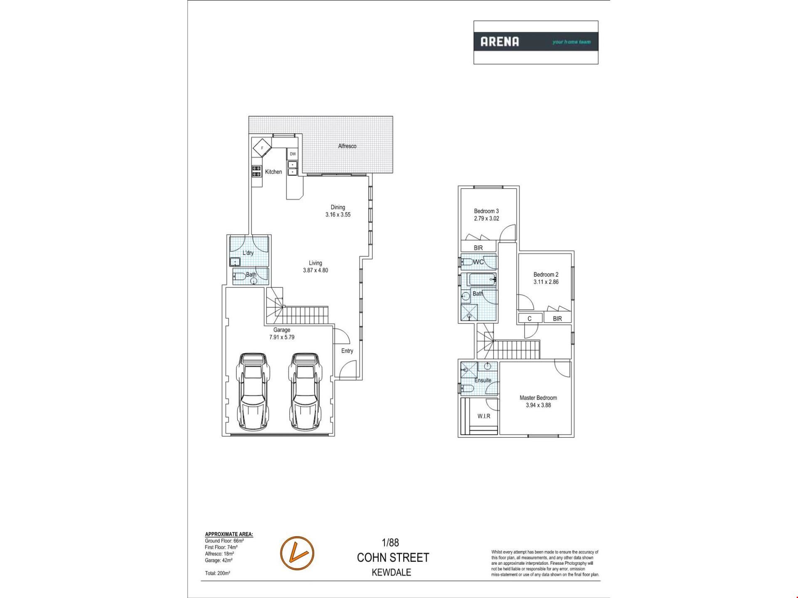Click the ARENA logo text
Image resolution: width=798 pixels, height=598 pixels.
[500, 42]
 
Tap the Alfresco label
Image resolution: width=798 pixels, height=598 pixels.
[347, 146]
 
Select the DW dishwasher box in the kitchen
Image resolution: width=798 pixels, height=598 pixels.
[293, 154]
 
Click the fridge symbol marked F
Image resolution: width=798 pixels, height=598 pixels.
[262, 148]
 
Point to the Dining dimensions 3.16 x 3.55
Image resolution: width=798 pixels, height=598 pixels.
[338, 215]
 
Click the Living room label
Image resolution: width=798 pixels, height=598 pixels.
[315, 263]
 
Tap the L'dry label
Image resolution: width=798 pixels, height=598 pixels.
[248, 253]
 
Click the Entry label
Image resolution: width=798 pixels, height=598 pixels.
[347, 351]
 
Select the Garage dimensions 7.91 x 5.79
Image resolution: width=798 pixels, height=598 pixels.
[282, 337]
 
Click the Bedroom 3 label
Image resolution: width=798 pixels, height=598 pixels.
[486, 211]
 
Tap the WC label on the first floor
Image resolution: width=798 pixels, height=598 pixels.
[479, 262]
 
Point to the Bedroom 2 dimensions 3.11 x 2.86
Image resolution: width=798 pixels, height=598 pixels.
[546, 282]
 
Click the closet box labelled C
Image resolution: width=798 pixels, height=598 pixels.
[530, 318]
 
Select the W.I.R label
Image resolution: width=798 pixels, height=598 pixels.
[484, 416]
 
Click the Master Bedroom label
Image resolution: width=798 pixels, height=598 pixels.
[538, 398]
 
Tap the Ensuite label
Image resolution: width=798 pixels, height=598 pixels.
[483, 380]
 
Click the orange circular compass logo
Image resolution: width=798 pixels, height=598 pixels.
[297, 553]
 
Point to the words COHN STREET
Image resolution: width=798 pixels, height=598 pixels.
[393, 558]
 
